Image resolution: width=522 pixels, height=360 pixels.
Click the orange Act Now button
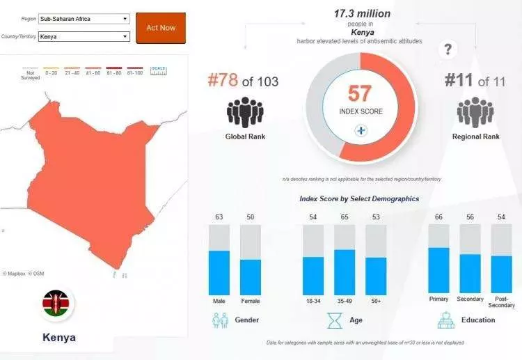point(161,28)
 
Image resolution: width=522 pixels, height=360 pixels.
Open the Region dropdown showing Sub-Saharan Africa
point(84,19)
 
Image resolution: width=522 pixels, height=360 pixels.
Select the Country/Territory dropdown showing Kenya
point(84,36)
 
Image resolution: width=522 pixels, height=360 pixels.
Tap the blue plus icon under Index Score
point(361,130)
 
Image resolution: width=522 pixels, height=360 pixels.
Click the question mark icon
point(449,49)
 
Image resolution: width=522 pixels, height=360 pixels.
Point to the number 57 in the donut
point(361,93)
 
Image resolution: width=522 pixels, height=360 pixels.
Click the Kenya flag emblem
point(58,305)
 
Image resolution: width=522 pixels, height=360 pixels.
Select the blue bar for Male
point(219,273)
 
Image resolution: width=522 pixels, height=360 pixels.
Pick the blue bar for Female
point(251,277)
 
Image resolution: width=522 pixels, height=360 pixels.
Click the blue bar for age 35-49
point(345,272)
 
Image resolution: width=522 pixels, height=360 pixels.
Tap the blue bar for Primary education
point(438,271)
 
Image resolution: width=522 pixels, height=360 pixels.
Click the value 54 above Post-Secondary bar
point(502,218)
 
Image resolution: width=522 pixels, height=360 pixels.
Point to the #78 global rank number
point(223,81)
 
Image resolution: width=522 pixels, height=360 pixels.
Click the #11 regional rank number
point(460,81)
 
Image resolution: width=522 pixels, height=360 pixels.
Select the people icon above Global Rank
point(244,112)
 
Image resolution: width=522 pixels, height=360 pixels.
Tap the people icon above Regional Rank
point(475,112)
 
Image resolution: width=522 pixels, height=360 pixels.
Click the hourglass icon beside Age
point(335,320)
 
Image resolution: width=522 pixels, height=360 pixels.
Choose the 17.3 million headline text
point(362,14)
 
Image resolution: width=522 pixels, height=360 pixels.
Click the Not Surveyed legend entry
point(30,74)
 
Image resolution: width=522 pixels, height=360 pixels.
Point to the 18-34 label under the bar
point(313,300)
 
